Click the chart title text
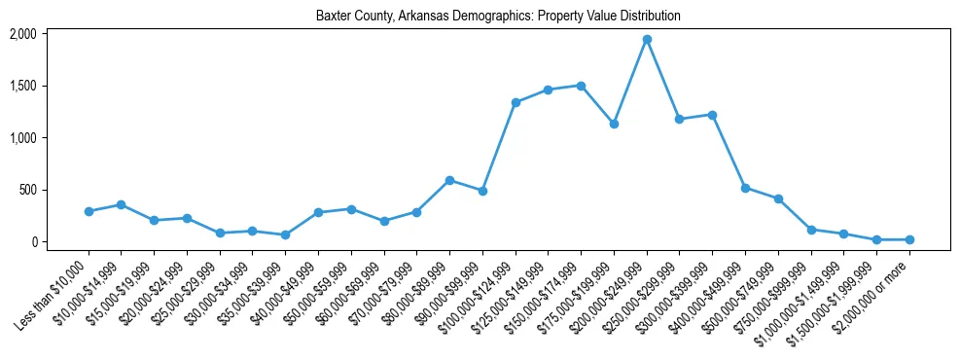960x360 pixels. click(498, 17)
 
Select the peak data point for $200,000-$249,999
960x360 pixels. click(647, 40)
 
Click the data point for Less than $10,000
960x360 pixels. click(89, 211)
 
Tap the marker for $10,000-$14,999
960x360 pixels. click(121, 204)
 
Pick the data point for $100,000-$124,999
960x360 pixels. click(516, 102)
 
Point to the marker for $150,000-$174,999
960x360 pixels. click(581, 86)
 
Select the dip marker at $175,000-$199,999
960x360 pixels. click(614, 124)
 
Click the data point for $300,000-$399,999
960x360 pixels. click(712, 115)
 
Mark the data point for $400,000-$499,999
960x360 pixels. click(745, 188)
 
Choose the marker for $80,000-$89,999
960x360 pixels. click(449, 180)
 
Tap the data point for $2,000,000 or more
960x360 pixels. click(909, 239)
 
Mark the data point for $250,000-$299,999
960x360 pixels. click(680, 120)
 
